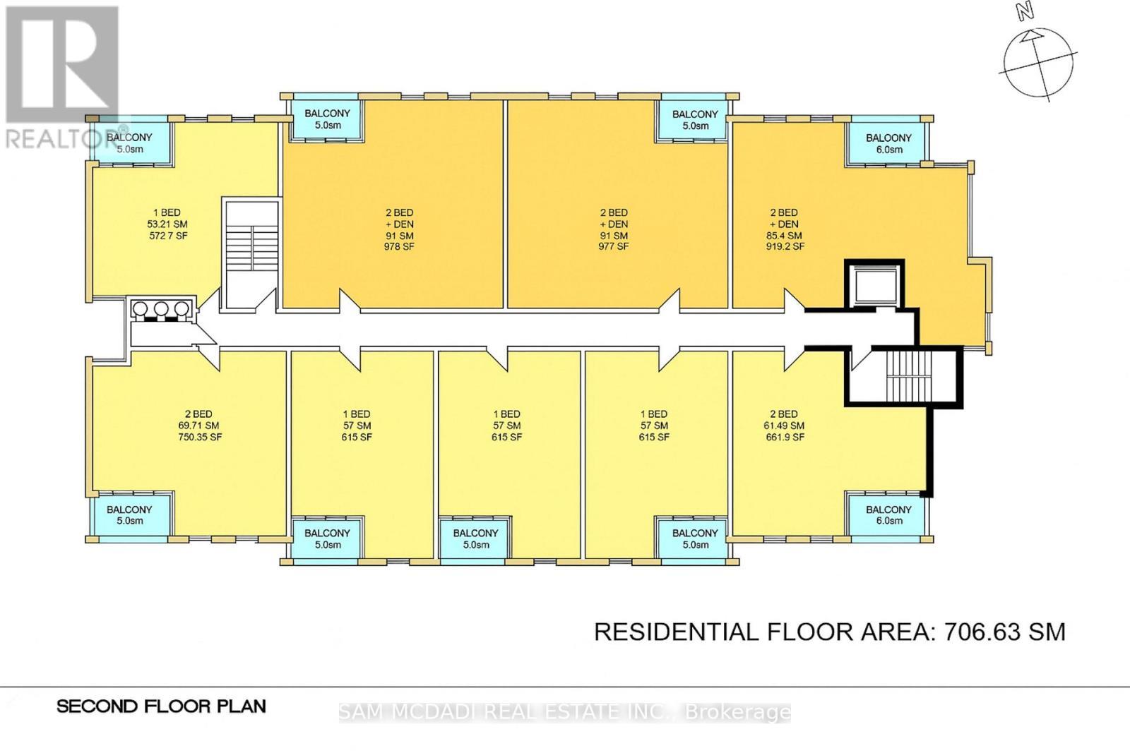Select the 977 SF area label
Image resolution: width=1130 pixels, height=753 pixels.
613,247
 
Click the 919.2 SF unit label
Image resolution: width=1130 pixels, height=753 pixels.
785,247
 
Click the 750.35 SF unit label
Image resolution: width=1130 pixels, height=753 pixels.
200,438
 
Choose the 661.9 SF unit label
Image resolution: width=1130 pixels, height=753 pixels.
785,438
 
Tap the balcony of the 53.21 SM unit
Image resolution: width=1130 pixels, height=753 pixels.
130,143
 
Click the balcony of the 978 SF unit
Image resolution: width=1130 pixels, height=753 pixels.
327,119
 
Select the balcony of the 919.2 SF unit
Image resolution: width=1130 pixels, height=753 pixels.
888,143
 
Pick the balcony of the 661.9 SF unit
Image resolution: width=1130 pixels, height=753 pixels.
888,515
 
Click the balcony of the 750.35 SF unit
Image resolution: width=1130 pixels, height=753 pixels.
130,515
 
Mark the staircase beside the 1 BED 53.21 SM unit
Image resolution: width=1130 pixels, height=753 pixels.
250,254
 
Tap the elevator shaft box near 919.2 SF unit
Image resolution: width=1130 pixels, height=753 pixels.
874,284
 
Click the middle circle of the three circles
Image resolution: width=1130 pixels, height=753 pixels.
162,308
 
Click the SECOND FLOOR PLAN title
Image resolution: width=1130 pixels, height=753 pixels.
161,706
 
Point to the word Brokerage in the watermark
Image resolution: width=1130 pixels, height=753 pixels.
738,713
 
